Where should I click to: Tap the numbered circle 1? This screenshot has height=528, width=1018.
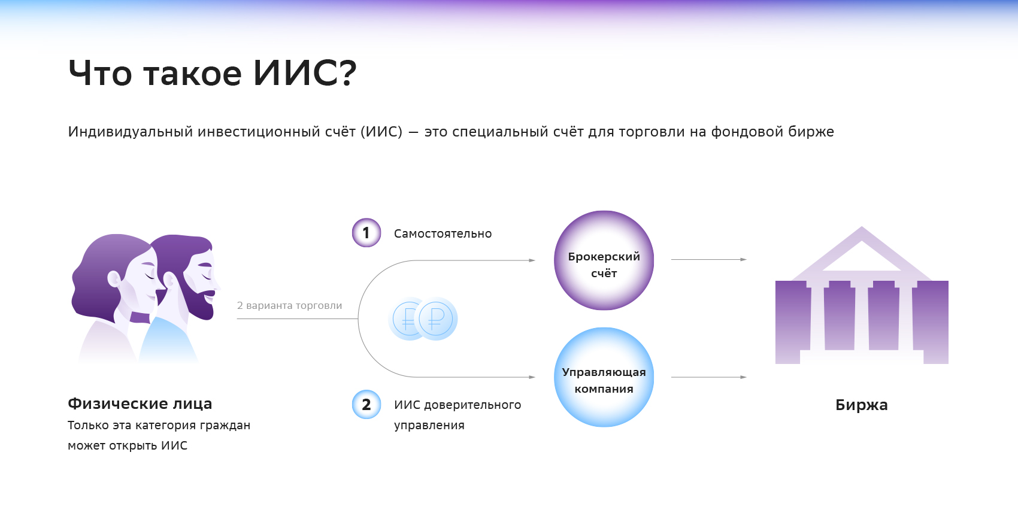tap(366, 233)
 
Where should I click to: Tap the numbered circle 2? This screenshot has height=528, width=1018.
tap(366, 405)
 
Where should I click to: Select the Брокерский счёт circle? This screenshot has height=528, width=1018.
tap(604, 260)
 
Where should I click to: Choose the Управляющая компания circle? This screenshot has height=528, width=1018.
tap(604, 377)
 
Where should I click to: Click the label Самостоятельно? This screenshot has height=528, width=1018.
tap(443, 234)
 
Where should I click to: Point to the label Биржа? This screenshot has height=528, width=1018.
tap(861, 405)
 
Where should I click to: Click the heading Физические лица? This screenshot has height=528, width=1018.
tap(140, 404)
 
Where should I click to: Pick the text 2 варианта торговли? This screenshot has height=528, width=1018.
tap(289, 305)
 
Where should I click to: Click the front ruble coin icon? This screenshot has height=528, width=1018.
tap(437, 318)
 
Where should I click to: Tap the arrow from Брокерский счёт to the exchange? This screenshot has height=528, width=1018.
tap(708, 259)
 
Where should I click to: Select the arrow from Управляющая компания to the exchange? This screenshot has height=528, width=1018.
tap(708, 377)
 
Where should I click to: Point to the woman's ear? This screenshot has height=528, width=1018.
tap(114, 278)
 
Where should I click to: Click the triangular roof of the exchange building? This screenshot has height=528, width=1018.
tap(861, 251)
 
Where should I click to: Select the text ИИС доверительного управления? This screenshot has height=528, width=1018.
tap(457, 415)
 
